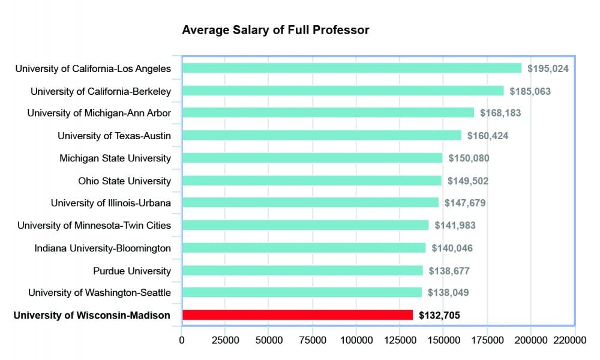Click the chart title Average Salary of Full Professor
click(275, 29)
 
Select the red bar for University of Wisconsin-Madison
click(297, 315)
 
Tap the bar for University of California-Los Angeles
click(352, 68)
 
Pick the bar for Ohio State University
click(311, 181)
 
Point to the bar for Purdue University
click(302, 271)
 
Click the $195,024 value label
click(548, 68)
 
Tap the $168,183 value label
click(500, 113)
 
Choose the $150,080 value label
click(469, 158)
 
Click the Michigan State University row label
click(115, 158)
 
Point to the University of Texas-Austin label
click(114, 136)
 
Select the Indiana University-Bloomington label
click(103, 248)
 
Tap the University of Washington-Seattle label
click(100, 293)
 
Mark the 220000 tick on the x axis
click(569, 341)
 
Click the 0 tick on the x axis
click(182, 341)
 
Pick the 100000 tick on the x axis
click(356, 341)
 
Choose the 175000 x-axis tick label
click(487, 341)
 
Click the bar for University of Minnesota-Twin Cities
click(305, 226)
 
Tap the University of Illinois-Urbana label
click(111, 203)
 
